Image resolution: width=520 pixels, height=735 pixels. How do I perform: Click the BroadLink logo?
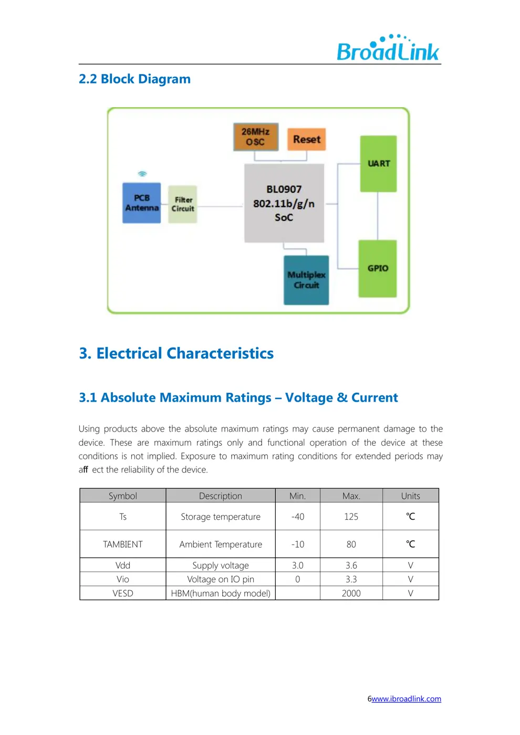(x=388, y=48)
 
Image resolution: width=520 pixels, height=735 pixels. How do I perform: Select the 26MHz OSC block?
(x=256, y=136)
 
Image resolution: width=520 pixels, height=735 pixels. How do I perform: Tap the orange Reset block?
(x=307, y=139)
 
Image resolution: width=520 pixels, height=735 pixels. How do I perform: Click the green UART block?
(x=378, y=163)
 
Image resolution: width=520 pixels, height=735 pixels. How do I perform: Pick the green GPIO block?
(x=378, y=268)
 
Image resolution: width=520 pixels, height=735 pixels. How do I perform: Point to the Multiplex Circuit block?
(x=306, y=280)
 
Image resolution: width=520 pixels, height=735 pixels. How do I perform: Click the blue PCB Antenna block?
(x=142, y=203)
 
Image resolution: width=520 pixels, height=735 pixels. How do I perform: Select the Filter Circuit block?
(x=183, y=204)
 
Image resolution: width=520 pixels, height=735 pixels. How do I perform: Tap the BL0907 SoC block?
(x=284, y=203)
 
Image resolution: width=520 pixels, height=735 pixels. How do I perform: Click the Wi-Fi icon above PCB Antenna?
(x=142, y=174)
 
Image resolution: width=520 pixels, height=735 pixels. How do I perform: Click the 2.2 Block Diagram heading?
(x=134, y=79)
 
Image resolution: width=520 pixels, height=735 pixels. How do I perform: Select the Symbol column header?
(x=122, y=496)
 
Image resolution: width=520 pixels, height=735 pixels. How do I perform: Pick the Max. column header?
(x=351, y=496)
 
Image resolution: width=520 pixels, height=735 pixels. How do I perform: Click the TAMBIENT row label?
(x=122, y=544)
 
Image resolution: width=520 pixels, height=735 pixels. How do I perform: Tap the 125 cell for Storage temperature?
(x=351, y=517)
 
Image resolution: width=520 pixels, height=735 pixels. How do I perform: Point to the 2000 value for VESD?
(x=351, y=593)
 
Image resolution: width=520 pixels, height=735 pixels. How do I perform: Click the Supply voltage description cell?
(x=221, y=565)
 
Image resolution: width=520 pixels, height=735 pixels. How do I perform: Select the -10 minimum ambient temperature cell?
(x=297, y=544)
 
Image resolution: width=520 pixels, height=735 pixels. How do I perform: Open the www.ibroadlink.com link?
(x=406, y=699)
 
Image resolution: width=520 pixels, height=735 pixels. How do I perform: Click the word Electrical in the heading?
(x=129, y=353)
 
